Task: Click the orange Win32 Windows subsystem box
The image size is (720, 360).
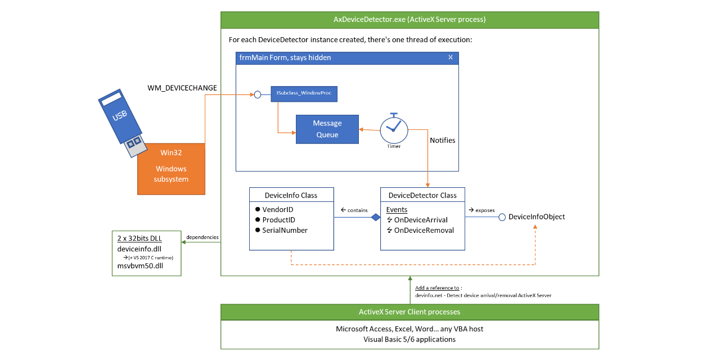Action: click(x=171, y=168)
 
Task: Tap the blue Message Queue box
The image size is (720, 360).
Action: click(x=327, y=129)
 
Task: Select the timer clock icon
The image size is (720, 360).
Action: click(x=394, y=129)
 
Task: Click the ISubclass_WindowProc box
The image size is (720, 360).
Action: click(x=304, y=93)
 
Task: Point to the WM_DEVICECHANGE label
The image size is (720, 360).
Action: click(x=182, y=88)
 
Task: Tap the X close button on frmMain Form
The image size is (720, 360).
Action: click(x=450, y=57)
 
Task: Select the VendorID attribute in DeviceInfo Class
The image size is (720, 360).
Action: click(x=278, y=209)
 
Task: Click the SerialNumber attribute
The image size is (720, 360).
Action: click(x=285, y=230)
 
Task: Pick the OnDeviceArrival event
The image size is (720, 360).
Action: click(x=421, y=220)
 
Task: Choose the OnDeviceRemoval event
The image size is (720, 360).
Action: click(x=424, y=230)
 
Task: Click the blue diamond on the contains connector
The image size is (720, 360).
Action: click(x=376, y=217)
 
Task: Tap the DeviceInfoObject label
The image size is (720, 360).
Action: click(x=536, y=217)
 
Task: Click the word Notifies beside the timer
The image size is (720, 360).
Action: click(x=442, y=140)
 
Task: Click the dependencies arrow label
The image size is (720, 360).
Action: click(x=202, y=237)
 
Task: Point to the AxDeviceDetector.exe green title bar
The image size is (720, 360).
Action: click(x=409, y=20)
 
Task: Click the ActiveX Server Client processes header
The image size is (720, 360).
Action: click(x=409, y=312)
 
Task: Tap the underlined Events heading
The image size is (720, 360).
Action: click(x=397, y=210)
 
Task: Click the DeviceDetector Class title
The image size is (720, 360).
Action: click(x=422, y=195)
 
